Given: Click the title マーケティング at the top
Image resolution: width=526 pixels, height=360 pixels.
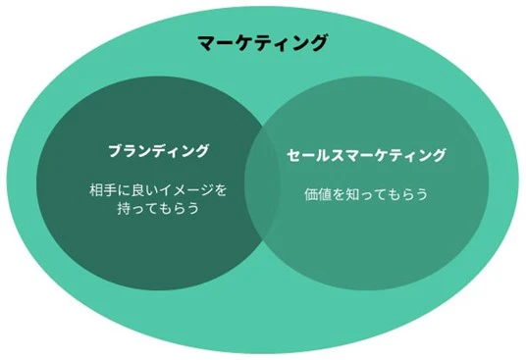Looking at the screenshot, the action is tap(263, 43).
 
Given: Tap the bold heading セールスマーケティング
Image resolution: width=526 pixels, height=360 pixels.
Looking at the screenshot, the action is tap(366, 155).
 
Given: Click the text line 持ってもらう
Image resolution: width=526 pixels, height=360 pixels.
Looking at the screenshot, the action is tap(158, 209).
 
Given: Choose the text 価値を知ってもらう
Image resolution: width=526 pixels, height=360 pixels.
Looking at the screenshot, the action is tap(366, 194).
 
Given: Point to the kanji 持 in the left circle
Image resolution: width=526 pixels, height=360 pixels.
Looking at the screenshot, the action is tap(123, 209).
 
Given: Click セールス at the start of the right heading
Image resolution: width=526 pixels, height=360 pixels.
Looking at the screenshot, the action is tap(313, 155).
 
